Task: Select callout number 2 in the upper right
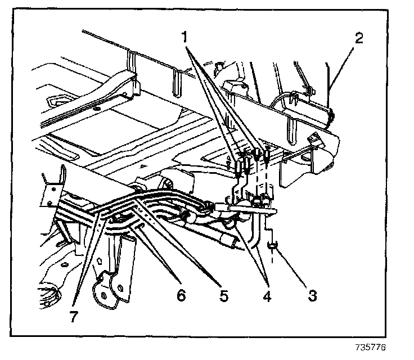pos(359,39)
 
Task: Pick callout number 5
pos(224,295)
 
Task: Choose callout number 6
pos(181,294)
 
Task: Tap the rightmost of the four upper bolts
pos(267,153)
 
